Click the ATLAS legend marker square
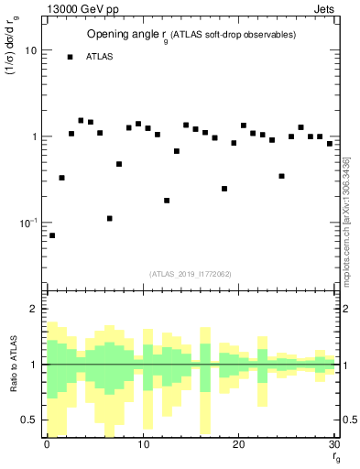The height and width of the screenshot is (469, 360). click(70, 57)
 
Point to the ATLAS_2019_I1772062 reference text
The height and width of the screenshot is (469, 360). click(191, 274)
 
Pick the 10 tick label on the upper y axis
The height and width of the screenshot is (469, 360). click(30, 50)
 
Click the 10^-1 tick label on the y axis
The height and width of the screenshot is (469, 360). click(27, 223)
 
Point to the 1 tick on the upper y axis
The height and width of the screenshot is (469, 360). click(34, 136)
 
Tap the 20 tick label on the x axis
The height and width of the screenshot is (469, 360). click(238, 444)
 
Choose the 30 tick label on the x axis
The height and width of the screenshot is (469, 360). click(333, 444)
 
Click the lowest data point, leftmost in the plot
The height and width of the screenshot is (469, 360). click(52, 235)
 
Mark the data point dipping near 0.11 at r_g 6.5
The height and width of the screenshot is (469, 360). click(110, 218)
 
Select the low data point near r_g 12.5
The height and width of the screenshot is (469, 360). click(167, 200)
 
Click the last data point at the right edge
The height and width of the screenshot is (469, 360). click(330, 144)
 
